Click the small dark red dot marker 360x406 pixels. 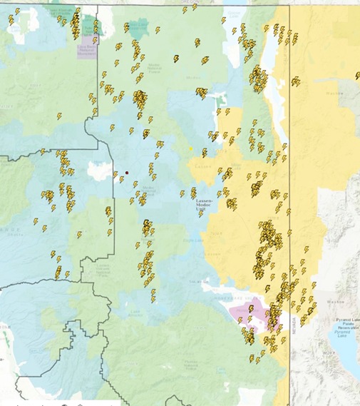tap(127, 173)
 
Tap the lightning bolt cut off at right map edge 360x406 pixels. tap(357, 75)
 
